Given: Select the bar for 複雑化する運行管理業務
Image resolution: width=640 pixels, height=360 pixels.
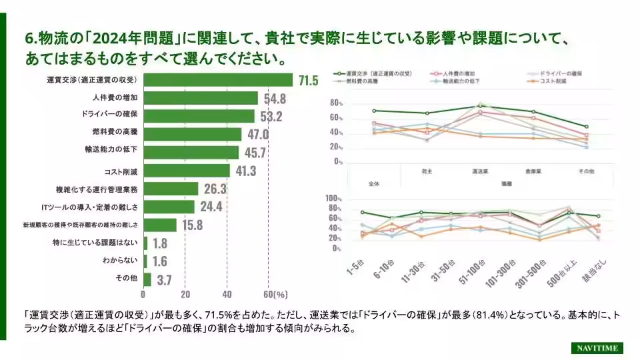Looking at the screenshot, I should pos(171,189).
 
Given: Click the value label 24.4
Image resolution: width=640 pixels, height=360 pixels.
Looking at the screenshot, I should pos(211,207).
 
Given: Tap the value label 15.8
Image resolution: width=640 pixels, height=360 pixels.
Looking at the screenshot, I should pos(192,225).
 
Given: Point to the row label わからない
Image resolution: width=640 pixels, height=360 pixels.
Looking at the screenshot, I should pos(120,261).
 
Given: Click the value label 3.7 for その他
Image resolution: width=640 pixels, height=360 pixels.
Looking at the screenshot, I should pos(164,279).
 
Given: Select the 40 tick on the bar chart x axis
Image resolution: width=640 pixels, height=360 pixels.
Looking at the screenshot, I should pos(227,294).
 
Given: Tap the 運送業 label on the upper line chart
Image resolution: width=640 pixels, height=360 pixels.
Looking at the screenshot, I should pos(479,171).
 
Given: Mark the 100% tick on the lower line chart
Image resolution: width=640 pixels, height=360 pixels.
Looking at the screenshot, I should pos(333,199).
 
